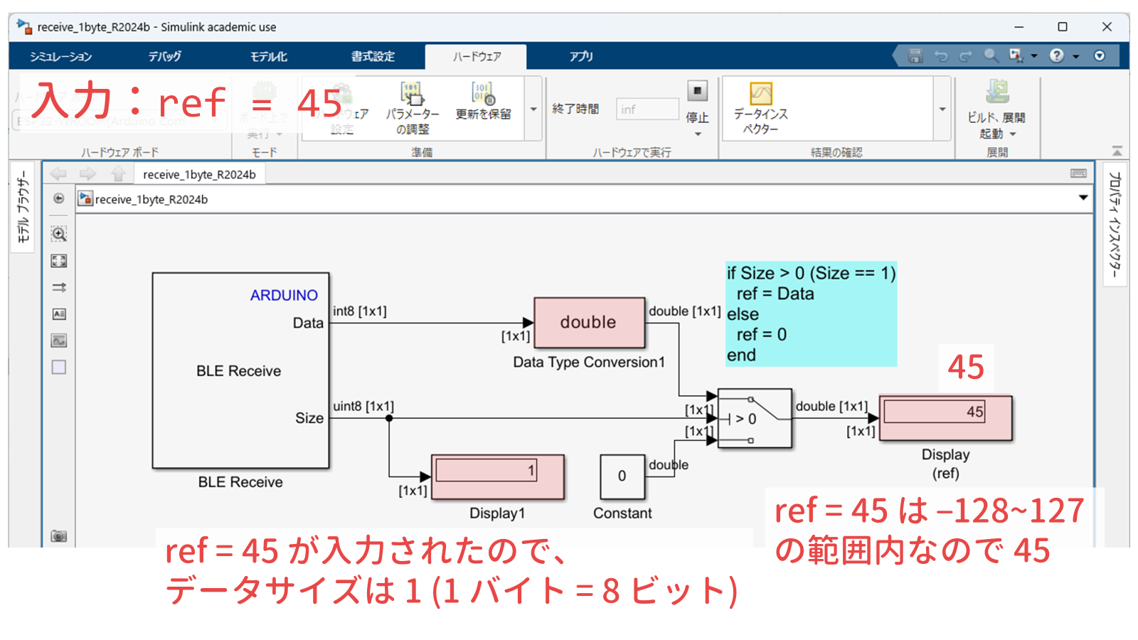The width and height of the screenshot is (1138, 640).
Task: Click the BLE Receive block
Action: click(240, 370)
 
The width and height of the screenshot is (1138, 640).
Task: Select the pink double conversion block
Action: click(589, 322)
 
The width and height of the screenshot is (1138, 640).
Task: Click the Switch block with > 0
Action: click(754, 418)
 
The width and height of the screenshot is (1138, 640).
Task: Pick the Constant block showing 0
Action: click(622, 476)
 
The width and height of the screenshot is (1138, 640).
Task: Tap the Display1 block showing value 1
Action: click(497, 477)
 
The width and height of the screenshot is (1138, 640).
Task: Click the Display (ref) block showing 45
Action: click(945, 418)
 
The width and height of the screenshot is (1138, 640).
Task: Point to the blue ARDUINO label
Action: click(284, 295)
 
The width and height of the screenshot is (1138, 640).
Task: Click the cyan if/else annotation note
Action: click(810, 314)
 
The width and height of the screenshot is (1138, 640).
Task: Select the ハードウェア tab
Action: click(477, 56)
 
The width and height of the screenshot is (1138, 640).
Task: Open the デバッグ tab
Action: click(164, 56)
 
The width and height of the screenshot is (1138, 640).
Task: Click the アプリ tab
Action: click(580, 56)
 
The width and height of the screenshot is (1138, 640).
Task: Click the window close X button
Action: click(1107, 27)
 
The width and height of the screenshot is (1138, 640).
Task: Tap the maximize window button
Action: click(1063, 27)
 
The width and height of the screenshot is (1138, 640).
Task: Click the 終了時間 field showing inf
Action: click(647, 109)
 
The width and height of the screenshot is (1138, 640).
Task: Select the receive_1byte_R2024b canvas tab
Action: click(199, 175)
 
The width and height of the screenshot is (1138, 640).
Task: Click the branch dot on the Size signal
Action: click(389, 418)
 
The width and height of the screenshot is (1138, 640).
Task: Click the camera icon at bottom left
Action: click(59, 536)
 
